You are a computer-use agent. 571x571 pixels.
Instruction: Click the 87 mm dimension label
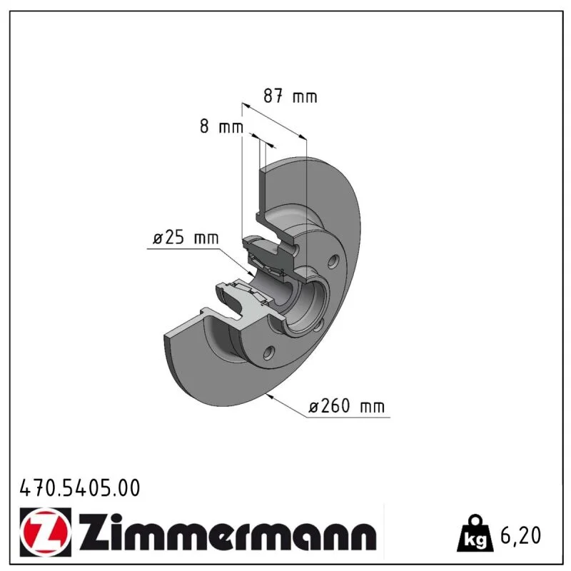(x=290, y=96)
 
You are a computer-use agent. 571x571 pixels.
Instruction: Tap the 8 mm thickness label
(x=221, y=126)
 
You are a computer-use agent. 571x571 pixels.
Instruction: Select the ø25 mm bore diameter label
(x=186, y=238)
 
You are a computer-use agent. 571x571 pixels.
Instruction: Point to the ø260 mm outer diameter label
(x=346, y=405)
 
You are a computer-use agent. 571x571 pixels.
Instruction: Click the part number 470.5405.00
(x=80, y=488)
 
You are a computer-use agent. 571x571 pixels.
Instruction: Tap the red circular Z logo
(x=46, y=532)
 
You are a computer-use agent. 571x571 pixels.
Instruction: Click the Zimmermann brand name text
(x=228, y=532)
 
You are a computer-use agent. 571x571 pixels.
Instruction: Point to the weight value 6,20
(x=521, y=535)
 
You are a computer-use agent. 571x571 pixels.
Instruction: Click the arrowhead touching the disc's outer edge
(x=270, y=397)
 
